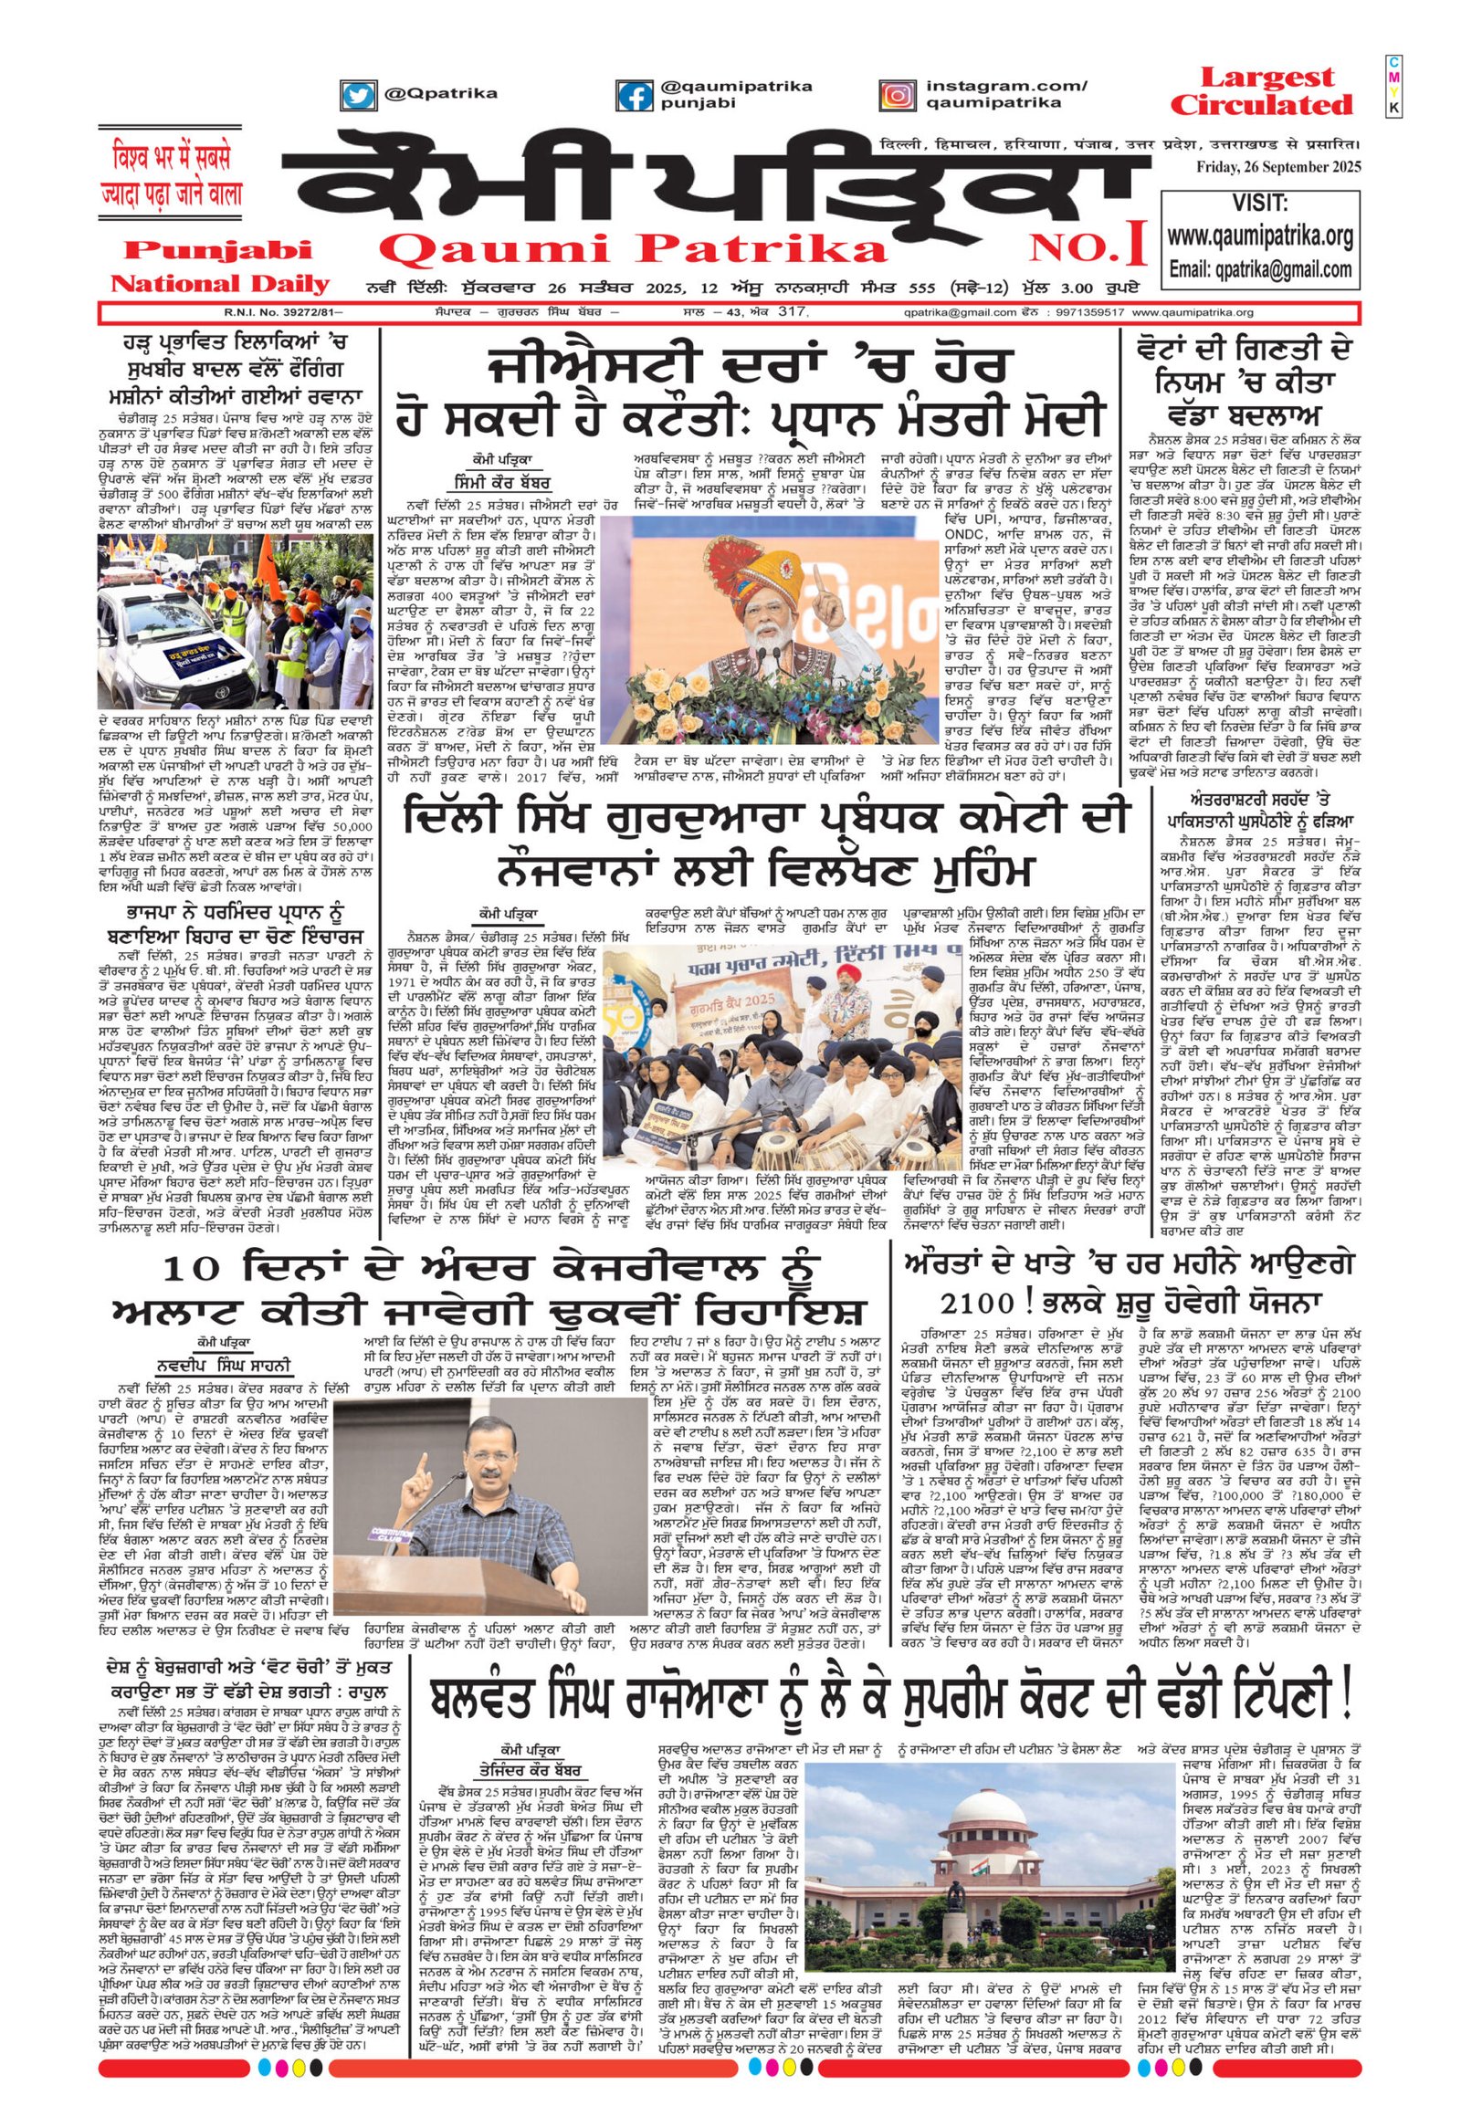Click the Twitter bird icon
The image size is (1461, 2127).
pos(360,96)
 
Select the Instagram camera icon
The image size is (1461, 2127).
pos(897,96)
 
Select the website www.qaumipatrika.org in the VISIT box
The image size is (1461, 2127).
pos(1259,237)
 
